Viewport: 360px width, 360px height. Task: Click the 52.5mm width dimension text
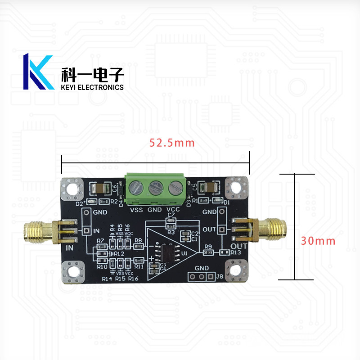tap(172, 143)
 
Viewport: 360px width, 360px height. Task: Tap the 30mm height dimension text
tap(318, 241)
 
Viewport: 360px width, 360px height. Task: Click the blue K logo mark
tap(38, 72)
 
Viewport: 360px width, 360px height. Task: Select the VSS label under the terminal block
tap(136, 209)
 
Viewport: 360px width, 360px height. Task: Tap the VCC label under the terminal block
tap(173, 209)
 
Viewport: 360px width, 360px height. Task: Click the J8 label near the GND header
tap(220, 277)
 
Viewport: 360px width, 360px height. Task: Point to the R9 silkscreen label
tap(208, 246)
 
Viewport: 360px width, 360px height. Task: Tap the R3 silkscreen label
tap(171, 232)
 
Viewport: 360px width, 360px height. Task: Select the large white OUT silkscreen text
tap(239, 247)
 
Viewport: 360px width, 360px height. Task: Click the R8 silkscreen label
tap(138, 240)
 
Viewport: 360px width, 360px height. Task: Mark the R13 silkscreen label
tap(237, 253)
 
